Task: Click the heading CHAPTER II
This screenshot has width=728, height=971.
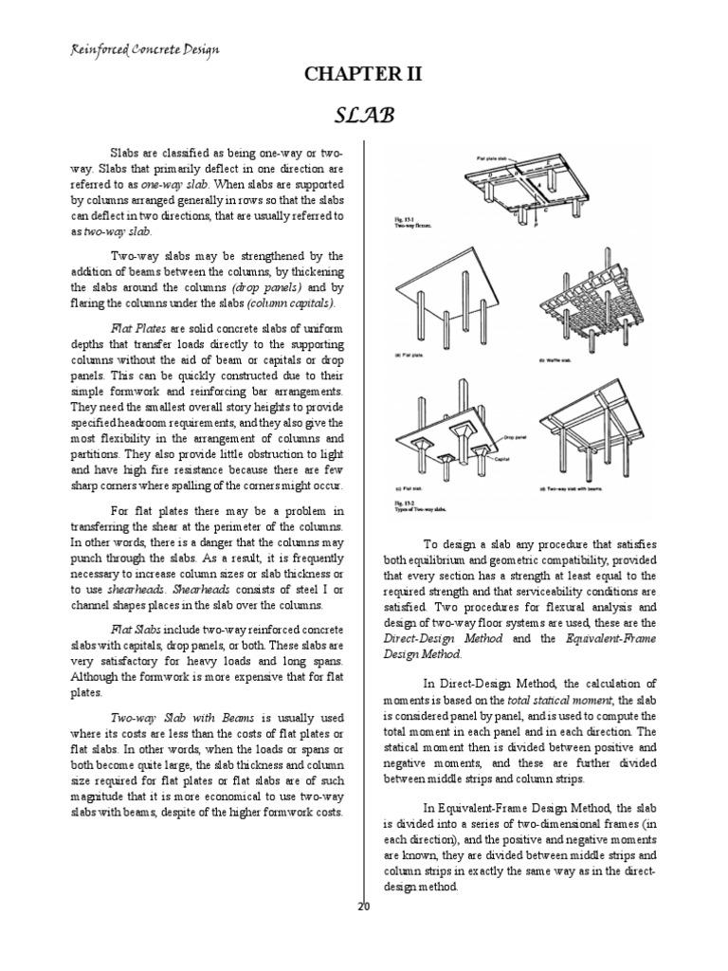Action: click(364, 75)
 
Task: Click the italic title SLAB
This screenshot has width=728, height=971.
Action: click(364, 115)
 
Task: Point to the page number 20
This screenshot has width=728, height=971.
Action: click(363, 906)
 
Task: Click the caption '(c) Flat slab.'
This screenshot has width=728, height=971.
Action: click(409, 489)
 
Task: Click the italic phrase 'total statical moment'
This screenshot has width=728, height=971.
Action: click(541, 698)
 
